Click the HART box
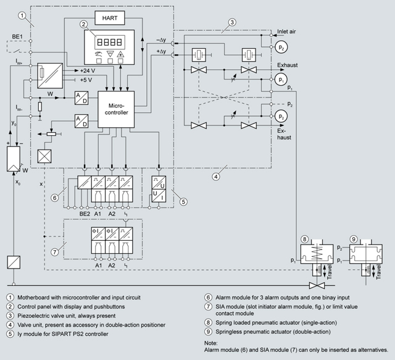(x=110, y=18)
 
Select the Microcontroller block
(x=116, y=109)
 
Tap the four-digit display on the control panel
(x=110, y=42)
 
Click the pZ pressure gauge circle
(x=281, y=47)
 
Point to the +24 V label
(x=88, y=71)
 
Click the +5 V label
(x=86, y=80)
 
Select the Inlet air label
(x=286, y=31)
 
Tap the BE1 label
(x=17, y=37)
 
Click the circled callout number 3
(x=232, y=22)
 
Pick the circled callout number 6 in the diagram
(x=55, y=198)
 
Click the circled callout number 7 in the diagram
(x=55, y=252)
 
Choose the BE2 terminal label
(x=85, y=214)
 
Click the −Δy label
(x=161, y=40)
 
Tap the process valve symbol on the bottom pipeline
(x=317, y=286)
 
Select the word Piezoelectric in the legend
(x=32, y=316)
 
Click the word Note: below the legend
(x=211, y=343)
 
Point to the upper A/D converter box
(x=81, y=98)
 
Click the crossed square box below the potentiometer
(x=44, y=156)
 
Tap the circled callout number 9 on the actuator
(x=354, y=239)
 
